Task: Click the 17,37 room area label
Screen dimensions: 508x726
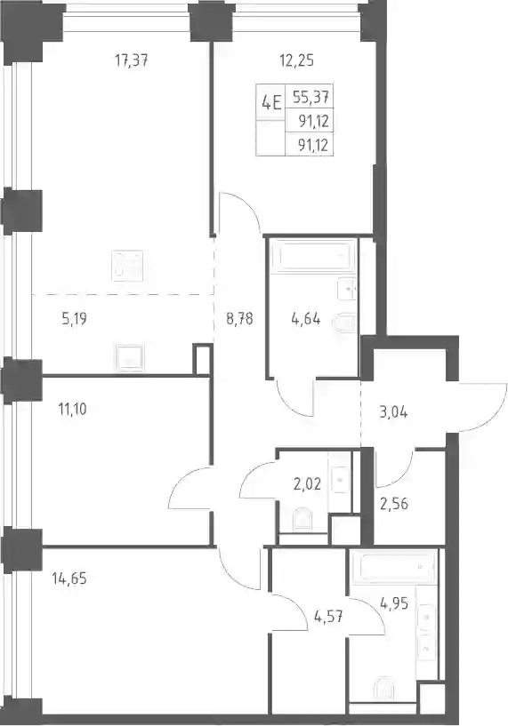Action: point(132,60)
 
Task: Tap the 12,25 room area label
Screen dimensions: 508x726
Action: point(296,60)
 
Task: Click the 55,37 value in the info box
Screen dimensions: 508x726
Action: point(311,97)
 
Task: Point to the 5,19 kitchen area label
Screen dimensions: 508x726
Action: point(74,319)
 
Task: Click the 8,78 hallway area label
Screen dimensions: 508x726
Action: point(239,319)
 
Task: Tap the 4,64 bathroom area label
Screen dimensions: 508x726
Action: point(306,319)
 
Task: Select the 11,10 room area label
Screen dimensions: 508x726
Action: point(72,410)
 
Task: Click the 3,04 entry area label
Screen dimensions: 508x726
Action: point(393,412)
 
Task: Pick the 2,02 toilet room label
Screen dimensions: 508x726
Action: point(307,485)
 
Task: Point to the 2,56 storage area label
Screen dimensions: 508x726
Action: point(393,504)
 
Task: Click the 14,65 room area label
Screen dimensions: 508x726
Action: point(69,578)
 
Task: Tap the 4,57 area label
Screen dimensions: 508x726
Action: point(328,617)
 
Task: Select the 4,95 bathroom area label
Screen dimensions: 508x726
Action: point(394,603)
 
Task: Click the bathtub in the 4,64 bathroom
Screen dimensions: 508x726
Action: point(312,255)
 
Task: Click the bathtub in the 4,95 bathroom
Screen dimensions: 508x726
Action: point(394,567)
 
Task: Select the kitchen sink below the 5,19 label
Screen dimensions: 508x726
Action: point(130,358)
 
